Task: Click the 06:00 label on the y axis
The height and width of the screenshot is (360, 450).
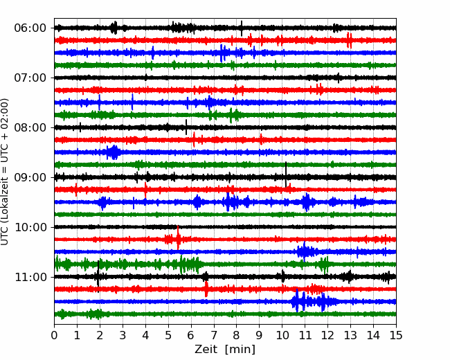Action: pyautogui.click(x=30, y=28)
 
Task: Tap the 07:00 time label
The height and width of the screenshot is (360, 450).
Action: pyautogui.click(x=30, y=78)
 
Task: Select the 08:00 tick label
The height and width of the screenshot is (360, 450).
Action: pyautogui.click(x=30, y=127)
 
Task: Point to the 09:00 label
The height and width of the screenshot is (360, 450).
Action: pyautogui.click(x=30, y=177)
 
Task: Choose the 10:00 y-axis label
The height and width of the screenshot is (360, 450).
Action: pyautogui.click(x=30, y=227)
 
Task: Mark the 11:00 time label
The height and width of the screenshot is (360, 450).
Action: pyautogui.click(x=30, y=277)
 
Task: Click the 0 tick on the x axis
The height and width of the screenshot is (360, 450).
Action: pyautogui.click(x=54, y=335)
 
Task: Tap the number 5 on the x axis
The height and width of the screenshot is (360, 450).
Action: pyautogui.click(x=168, y=335)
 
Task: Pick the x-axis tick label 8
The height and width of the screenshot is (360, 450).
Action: pyautogui.click(x=237, y=335)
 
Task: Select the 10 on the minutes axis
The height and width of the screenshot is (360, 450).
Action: pyautogui.click(x=282, y=335)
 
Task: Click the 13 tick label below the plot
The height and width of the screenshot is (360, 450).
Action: pyautogui.click(x=350, y=335)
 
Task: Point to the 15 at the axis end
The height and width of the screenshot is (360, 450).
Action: pyautogui.click(x=396, y=335)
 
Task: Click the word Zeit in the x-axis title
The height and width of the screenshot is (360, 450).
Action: pyautogui.click(x=206, y=350)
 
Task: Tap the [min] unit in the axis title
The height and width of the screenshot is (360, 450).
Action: pyautogui.click(x=240, y=350)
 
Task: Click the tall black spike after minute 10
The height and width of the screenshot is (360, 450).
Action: pyautogui.click(x=286, y=174)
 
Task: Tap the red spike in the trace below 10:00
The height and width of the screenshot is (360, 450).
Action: pyautogui.click(x=178, y=237)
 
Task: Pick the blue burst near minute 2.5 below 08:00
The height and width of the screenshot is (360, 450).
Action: pyautogui.click(x=114, y=152)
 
